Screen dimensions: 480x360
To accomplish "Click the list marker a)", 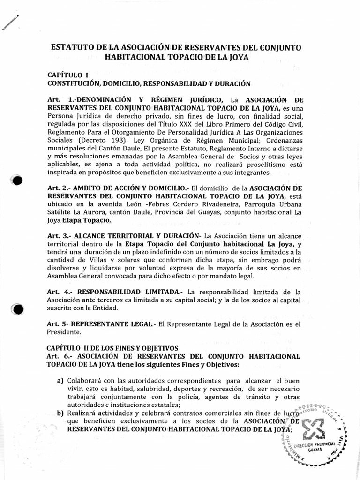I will tap(60, 380).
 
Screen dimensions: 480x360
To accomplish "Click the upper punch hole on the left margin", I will tap(17, 181).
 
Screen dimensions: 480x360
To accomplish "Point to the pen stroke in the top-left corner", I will tap(11, 22).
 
